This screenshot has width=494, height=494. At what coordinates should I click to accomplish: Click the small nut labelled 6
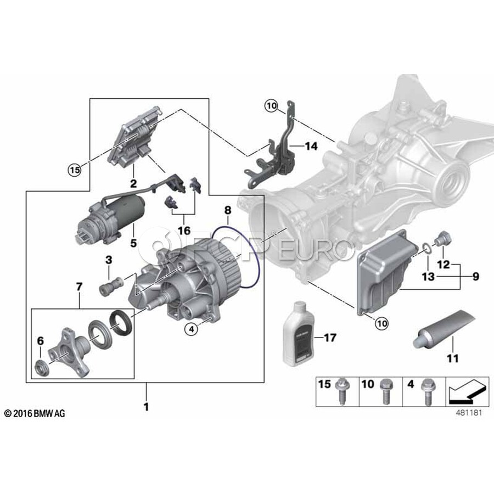tap(42, 367)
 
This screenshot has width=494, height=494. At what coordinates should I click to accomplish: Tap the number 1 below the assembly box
tap(146, 407)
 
